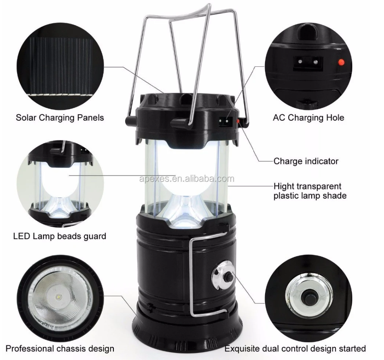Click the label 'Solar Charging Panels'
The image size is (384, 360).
(60, 118)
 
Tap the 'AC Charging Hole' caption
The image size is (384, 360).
(308, 118)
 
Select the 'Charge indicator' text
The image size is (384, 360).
(306, 161)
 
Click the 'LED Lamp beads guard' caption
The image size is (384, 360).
(60, 236)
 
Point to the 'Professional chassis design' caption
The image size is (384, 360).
(60, 349)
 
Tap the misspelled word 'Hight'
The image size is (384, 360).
(284, 187)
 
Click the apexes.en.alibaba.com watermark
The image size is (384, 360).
(187, 179)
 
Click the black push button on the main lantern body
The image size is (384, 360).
(229, 277)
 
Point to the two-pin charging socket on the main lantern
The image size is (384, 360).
(226, 121)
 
